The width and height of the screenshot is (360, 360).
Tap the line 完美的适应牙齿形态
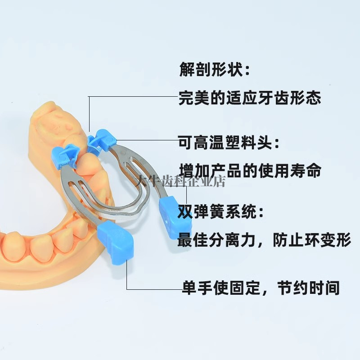[x=250, y=98]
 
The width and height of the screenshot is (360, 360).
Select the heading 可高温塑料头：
[x=229, y=144]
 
